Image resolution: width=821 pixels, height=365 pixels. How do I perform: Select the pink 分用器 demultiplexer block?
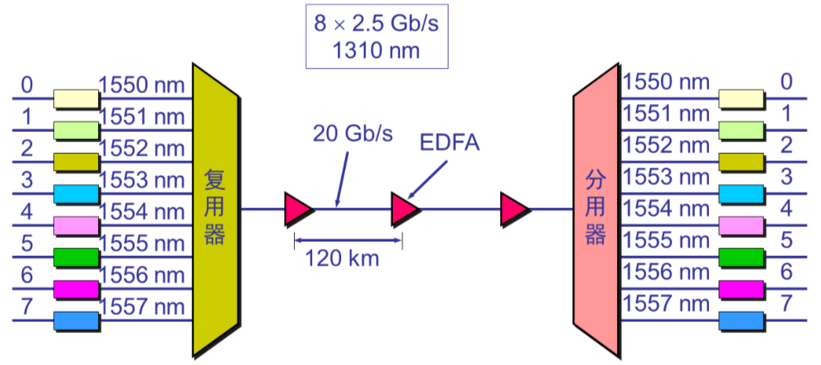[596, 208]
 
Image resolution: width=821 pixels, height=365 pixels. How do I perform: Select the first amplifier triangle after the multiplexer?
[297, 208]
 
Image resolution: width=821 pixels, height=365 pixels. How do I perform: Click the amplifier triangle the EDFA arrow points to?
[404, 208]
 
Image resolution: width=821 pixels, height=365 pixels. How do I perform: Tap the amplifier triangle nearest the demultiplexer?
[513, 208]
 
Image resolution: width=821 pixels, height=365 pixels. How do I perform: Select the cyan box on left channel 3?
[76, 193]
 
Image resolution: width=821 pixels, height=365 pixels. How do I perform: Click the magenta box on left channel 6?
[76, 289]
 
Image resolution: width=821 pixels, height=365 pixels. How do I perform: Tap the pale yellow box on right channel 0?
[741, 98]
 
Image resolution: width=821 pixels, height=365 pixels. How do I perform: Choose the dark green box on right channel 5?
[741, 257]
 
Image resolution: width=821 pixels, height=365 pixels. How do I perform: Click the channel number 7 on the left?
[27, 305]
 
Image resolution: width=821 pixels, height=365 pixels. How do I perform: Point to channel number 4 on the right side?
[786, 209]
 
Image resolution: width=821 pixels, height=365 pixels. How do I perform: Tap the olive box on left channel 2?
[76, 162]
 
